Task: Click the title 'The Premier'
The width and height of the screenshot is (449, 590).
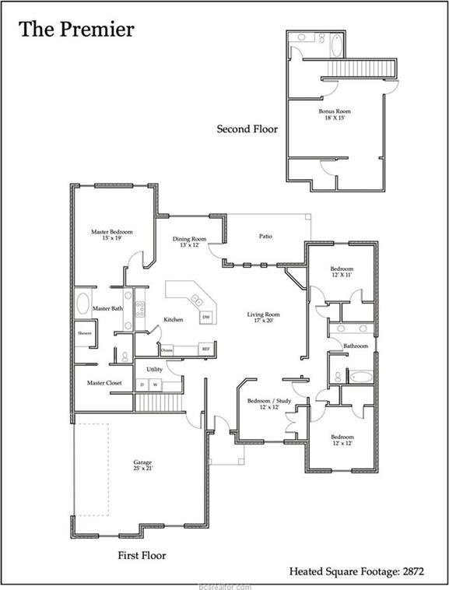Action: (x=76, y=30)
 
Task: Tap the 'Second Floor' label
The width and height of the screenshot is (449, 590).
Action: (x=247, y=129)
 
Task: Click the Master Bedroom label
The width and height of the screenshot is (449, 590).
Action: (x=111, y=235)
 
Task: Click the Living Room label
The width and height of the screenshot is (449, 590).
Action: (x=263, y=318)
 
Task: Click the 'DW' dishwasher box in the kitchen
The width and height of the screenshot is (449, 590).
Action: (x=206, y=318)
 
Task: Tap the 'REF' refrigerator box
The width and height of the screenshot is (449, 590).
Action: (x=206, y=349)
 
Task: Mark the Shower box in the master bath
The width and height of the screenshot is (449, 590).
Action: (x=84, y=333)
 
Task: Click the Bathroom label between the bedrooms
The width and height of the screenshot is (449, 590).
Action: (x=356, y=346)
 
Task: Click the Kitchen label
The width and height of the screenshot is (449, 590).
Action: (x=173, y=319)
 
